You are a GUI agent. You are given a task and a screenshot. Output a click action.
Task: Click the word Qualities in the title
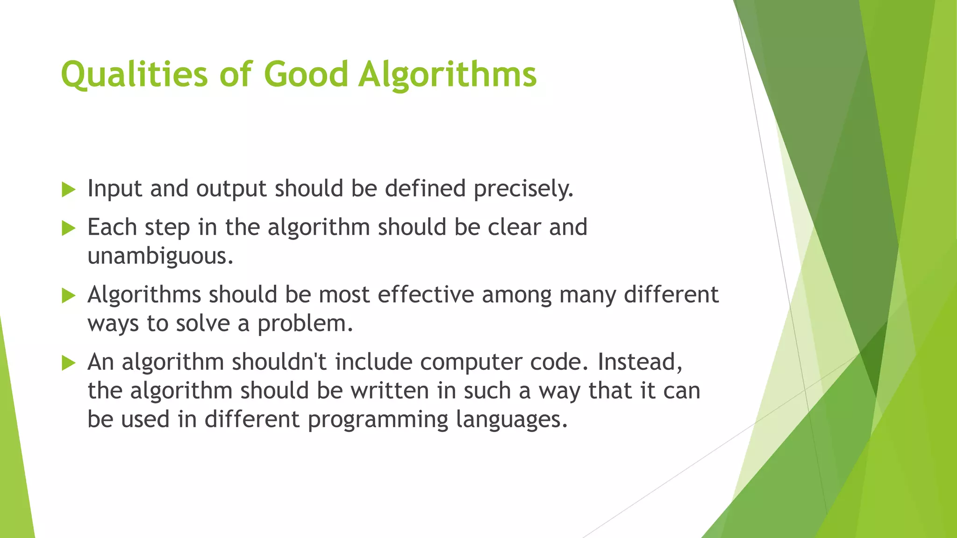(134, 75)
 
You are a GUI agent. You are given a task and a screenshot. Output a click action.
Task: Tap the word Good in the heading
(306, 75)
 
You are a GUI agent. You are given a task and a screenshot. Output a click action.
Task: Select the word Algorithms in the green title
(448, 75)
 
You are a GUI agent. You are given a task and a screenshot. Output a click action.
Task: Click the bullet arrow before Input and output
(68, 190)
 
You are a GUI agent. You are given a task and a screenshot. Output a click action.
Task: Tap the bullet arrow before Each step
(68, 228)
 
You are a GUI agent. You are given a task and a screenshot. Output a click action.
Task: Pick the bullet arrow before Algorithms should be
(68, 296)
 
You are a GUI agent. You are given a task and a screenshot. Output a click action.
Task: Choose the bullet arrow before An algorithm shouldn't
(68, 363)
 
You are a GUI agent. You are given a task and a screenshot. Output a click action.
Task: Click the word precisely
(523, 189)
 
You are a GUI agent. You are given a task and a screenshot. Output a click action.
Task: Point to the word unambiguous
(160, 256)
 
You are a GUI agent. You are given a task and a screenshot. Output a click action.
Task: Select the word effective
(426, 295)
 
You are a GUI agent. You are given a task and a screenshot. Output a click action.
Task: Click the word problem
(305, 324)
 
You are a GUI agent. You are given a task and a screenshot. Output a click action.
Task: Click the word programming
(378, 420)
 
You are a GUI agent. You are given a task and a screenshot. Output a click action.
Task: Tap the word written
(390, 391)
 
